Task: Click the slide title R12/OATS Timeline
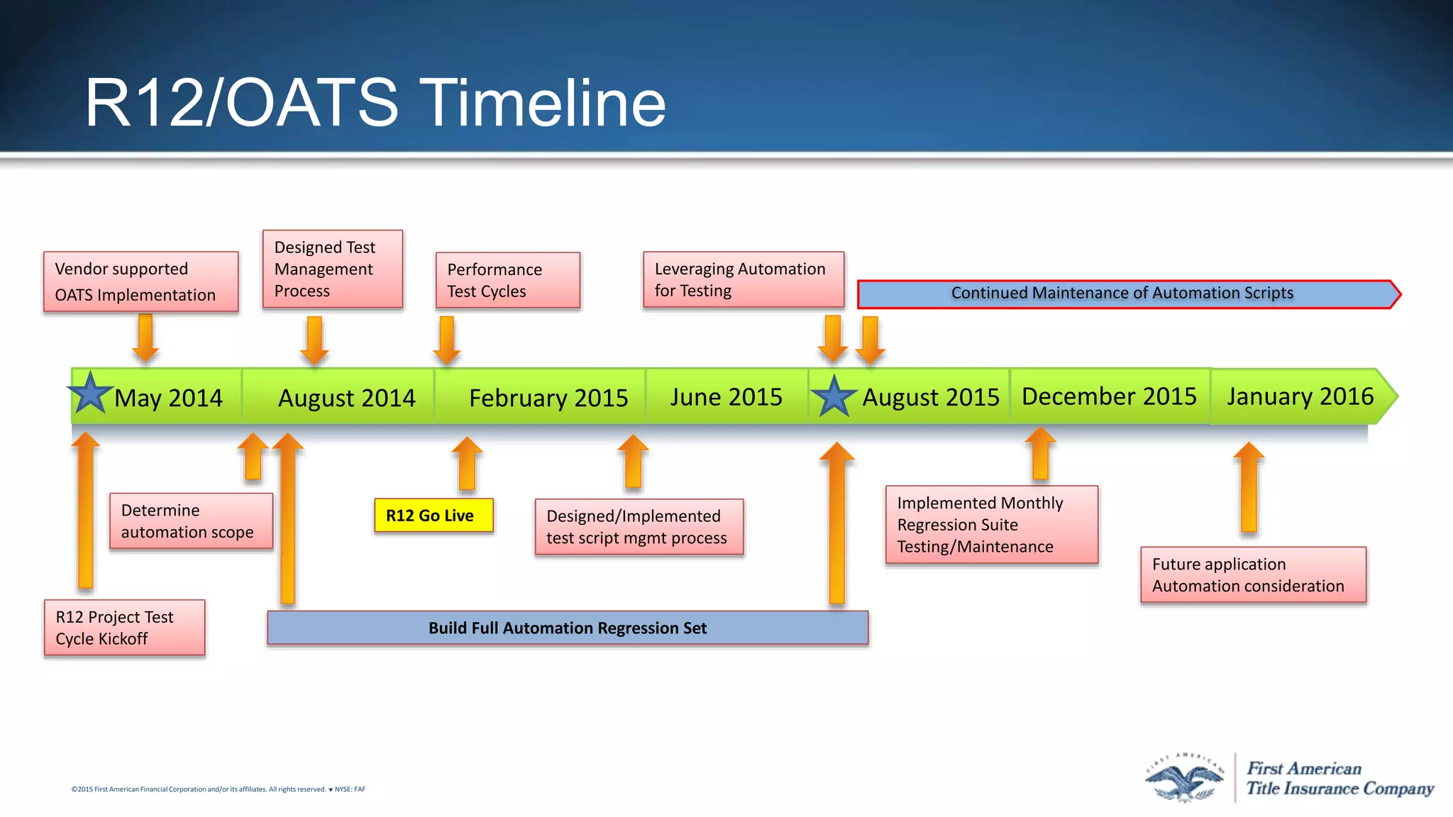coord(375,104)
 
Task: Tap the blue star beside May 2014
coord(90,394)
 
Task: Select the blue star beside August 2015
coord(834,396)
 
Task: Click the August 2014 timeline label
coord(346,398)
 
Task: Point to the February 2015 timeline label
coord(548,398)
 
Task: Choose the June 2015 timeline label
coord(726,397)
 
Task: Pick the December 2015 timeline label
coord(1109,396)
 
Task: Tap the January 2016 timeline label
coord(1300,396)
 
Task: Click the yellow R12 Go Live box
coord(433,516)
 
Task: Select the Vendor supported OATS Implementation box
coord(140,282)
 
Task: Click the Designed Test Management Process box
coord(332,269)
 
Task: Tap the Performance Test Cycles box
coord(507,280)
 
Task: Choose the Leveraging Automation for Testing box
coord(743,279)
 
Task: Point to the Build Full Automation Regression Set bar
coord(568,628)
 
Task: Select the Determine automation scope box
coord(191,521)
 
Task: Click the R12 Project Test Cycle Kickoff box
coord(124,628)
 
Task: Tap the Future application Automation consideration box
coord(1252,575)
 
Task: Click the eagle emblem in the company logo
coord(1184,779)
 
